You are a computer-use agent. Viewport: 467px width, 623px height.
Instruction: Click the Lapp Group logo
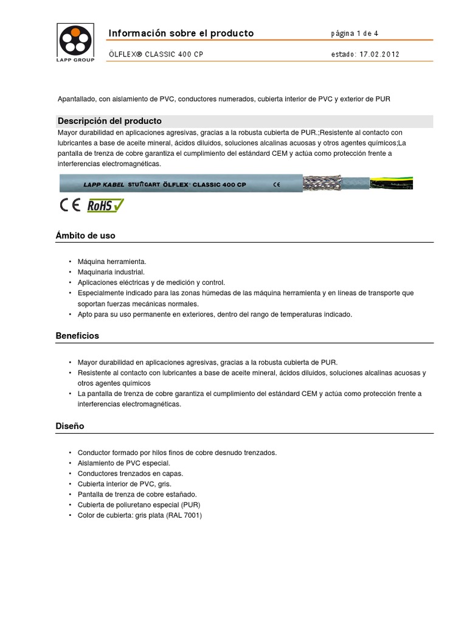pyautogui.click(x=75, y=42)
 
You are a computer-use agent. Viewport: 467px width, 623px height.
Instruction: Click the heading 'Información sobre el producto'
pyautogui.click(x=181, y=33)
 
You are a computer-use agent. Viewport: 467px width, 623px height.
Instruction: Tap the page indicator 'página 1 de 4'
pyautogui.click(x=355, y=33)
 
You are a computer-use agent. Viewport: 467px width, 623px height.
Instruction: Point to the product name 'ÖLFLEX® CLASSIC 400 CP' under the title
pyautogui.click(x=156, y=54)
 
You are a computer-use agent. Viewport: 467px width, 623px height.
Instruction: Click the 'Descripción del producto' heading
pyautogui.click(x=109, y=120)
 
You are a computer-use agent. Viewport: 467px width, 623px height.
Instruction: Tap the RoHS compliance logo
pyautogui.click(x=105, y=205)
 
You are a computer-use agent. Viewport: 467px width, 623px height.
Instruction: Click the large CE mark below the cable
pyautogui.click(x=69, y=205)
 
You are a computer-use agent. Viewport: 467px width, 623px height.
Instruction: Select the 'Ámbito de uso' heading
pyautogui.click(x=85, y=235)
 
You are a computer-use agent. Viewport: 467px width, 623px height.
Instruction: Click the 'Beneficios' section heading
pyautogui.click(x=77, y=335)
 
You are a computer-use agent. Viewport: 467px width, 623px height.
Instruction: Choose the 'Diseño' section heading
pyautogui.click(x=70, y=426)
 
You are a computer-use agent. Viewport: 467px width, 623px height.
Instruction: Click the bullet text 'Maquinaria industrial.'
pyautogui.click(x=111, y=272)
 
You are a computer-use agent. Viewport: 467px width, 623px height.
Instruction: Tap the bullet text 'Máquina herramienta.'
pyautogui.click(x=112, y=262)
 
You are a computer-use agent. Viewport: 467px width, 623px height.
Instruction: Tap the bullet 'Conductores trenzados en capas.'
pyautogui.click(x=130, y=473)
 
